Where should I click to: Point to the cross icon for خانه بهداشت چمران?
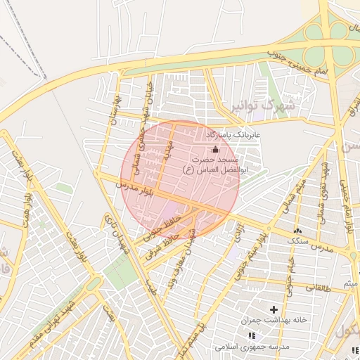274,309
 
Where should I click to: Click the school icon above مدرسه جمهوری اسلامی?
252,336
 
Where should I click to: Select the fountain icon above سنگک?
297,230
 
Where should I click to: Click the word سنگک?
298,240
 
